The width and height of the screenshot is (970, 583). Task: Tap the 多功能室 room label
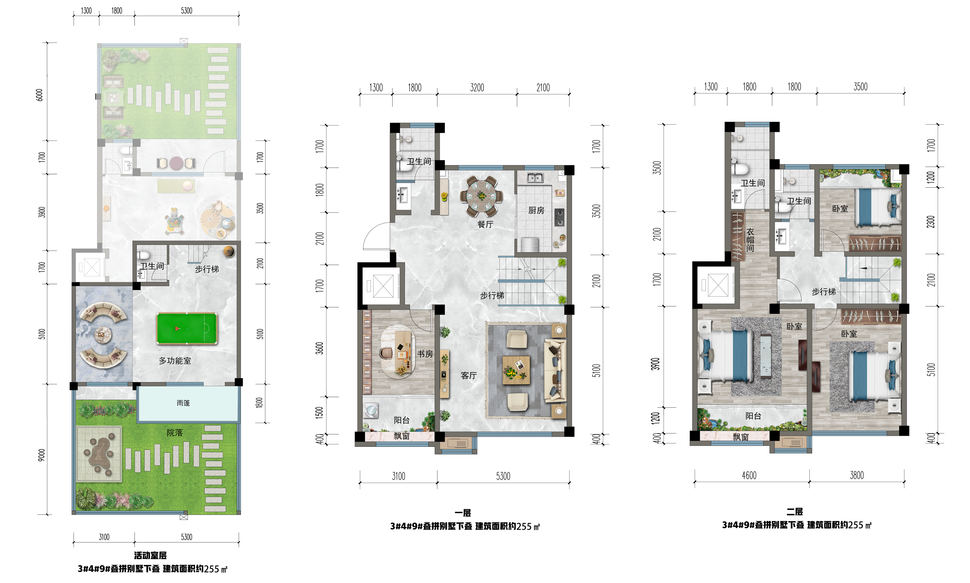[x=175, y=361]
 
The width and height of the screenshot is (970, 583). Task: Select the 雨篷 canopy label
[x=183, y=403]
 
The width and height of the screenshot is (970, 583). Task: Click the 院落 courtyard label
[x=174, y=433]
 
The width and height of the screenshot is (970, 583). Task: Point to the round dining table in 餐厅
[x=482, y=195]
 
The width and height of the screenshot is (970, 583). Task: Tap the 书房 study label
[x=425, y=354]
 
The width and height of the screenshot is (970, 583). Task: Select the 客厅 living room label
[x=469, y=375]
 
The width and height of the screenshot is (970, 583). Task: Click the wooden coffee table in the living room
[x=516, y=370]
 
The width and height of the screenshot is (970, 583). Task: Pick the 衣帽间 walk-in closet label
[x=750, y=240]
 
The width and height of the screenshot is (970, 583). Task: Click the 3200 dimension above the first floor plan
[x=477, y=88]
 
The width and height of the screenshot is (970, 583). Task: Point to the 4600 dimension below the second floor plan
[x=749, y=475]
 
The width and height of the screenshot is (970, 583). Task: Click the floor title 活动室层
[x=150, y=556]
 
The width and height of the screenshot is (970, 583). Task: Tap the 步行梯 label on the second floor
[x=824, y=291]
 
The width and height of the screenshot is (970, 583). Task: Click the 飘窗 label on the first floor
[x=402, y=436]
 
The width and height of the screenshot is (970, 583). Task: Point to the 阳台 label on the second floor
[x=753, y=416]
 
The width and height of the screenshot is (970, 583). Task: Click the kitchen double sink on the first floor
[x=535, y=177]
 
